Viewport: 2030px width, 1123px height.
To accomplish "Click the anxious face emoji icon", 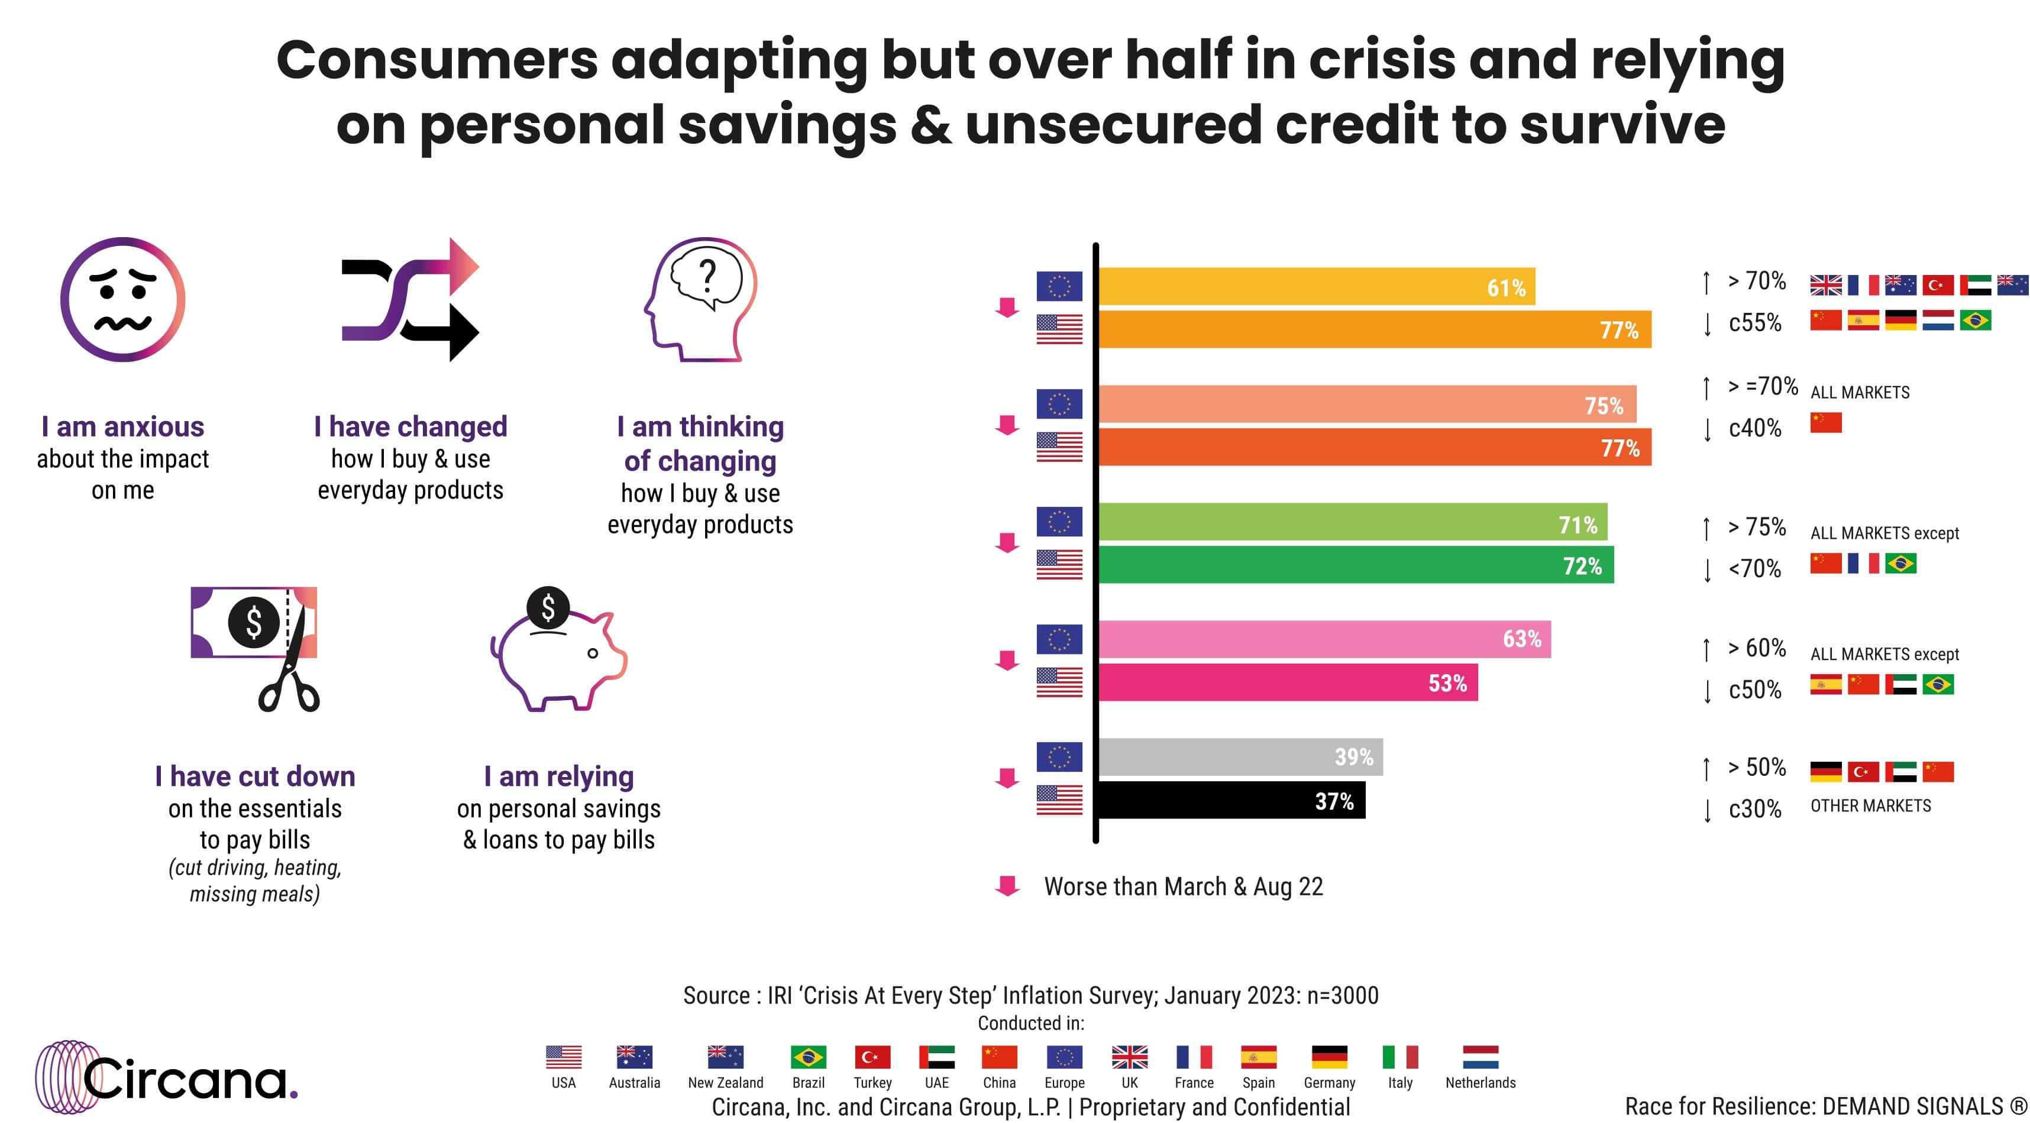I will coord(123,299).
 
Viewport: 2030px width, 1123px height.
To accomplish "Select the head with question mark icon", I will coord(700,299).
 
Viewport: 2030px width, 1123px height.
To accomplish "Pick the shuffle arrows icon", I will coord(410,299).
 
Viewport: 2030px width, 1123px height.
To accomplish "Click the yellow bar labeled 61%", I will coord(1316,287).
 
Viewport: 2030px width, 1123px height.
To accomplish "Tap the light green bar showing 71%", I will coord(1352,523).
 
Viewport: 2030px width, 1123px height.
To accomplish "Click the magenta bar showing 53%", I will coord(1288,682).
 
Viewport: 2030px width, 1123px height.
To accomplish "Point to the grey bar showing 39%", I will coord(1240,756).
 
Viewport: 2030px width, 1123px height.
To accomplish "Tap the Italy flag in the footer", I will coord(1399,1057).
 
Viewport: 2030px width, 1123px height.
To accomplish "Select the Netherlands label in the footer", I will coord(1480,1083).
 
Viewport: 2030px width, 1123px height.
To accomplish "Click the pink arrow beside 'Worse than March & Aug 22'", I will coord(1007,886).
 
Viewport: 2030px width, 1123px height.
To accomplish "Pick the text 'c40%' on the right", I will coord(1755,428).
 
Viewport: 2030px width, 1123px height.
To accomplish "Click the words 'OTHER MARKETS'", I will coord(1870,805).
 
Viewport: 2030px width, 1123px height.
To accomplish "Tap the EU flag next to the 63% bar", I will coord(1059,639).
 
